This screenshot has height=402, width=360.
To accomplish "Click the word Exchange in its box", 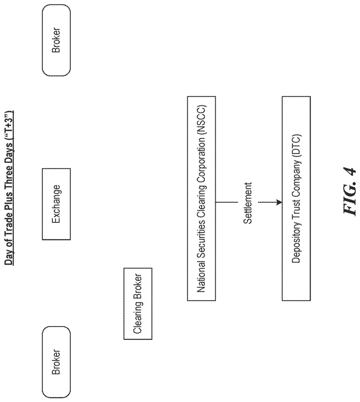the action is [x=56, y=204].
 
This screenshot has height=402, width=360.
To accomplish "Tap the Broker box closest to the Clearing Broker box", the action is [x=56, y=362].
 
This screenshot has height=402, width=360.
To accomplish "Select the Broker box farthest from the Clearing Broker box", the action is [x=56, y=40].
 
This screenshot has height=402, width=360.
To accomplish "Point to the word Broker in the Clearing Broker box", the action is [x=138, y=286].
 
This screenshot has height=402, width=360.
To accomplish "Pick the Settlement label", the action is [x=247, y=203].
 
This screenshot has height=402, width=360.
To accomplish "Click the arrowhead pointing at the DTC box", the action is [x=279, y=203].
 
